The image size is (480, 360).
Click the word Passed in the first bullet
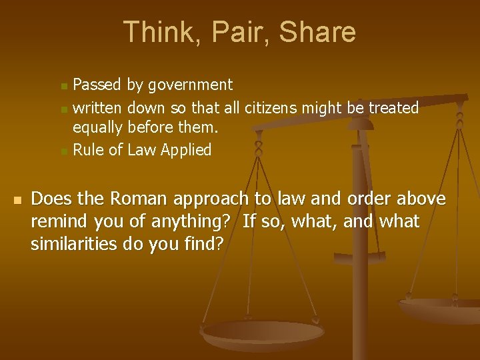(97, 85)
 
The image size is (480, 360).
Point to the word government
(191, 85)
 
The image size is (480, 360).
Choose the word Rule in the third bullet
(88, 151)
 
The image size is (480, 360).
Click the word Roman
(137, 199)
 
